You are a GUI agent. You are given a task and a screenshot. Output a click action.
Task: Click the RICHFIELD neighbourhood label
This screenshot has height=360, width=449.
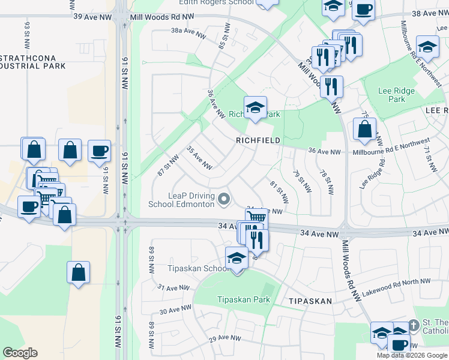258,140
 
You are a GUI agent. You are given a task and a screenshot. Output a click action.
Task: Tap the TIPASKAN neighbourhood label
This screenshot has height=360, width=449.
310,301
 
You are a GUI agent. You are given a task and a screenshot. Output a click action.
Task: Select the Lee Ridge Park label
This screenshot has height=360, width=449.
396,95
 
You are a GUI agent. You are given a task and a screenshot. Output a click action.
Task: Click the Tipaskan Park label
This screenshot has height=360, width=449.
243,299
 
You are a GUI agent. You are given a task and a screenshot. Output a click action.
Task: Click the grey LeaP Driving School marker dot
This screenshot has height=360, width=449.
224,199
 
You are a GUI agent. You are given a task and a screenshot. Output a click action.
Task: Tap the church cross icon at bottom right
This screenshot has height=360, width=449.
413,325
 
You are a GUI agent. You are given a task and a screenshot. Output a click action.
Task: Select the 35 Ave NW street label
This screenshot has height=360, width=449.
200,157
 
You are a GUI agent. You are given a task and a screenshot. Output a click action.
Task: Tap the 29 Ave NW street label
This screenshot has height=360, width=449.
223,339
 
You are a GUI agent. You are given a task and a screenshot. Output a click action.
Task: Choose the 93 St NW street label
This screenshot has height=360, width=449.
27,35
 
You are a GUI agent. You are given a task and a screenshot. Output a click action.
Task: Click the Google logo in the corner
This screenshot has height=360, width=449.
20,353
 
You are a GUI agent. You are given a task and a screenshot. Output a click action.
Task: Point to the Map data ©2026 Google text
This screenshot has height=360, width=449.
412,355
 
